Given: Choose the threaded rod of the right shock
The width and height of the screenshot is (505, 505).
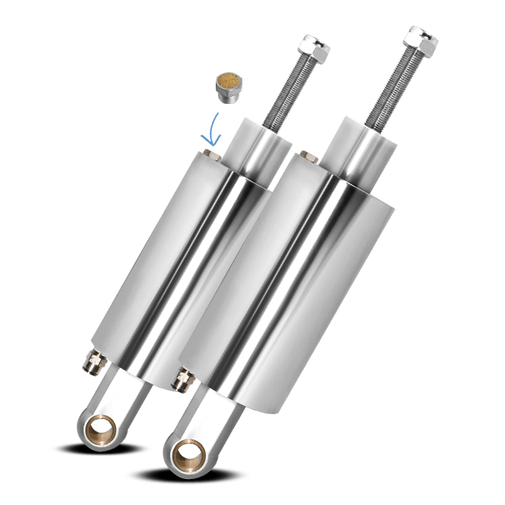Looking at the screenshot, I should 390,87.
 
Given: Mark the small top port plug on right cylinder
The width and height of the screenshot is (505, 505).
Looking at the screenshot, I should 309,155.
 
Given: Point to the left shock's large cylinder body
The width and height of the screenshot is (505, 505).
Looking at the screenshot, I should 173,260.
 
